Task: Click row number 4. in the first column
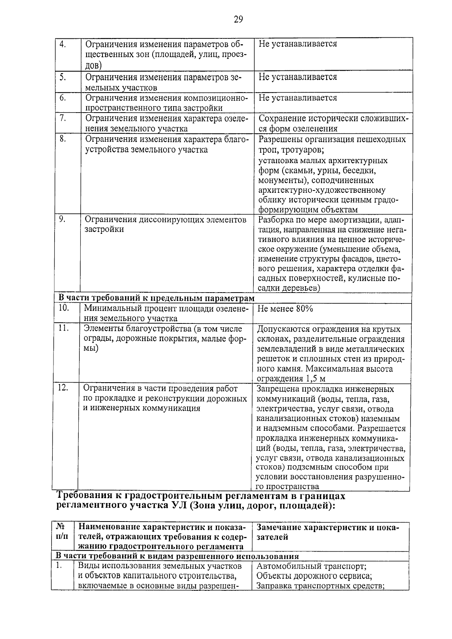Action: pos(63,44)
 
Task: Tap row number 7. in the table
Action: pos(63,118)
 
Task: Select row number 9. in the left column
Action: pos(63,219)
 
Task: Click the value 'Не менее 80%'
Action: pos(285,309)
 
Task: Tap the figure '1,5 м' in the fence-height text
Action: pos(316,378)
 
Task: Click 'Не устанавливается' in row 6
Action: pos(298,98)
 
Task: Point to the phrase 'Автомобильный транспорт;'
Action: pos(311,566)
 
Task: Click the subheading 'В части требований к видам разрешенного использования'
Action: pos(177,556)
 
